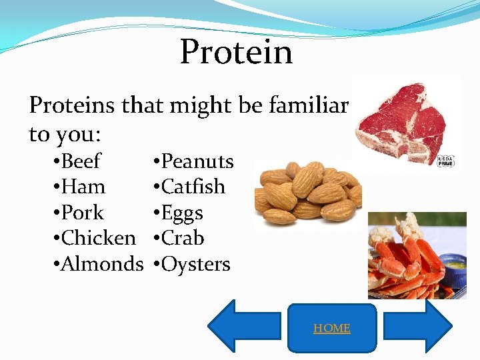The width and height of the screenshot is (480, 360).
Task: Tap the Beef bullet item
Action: click(81, 161)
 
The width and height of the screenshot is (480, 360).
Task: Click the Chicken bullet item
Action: click(97, 238)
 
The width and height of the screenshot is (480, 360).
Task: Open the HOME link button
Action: click(332, 328)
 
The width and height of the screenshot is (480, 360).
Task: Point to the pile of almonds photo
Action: click(308, 193)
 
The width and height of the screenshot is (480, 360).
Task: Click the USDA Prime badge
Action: click(445, 161)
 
